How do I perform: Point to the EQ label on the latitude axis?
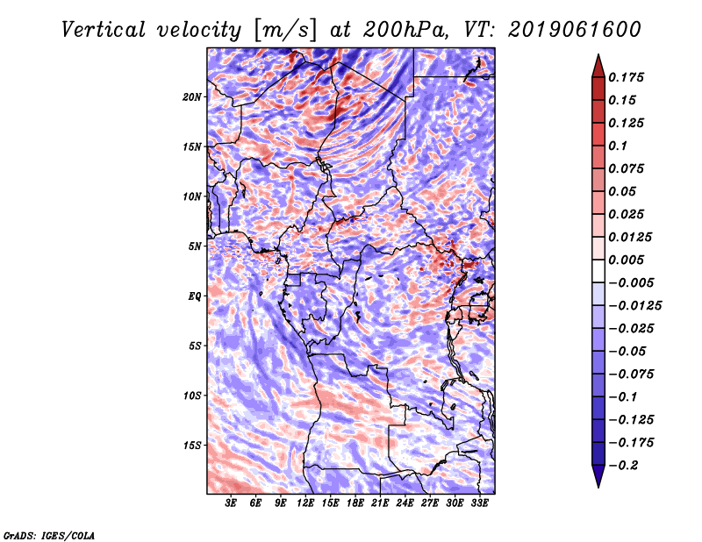coord(194,296)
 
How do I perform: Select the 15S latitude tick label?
coord(192,446)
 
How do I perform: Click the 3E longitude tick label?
coord(231,503)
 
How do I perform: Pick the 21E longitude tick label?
coord(380,503)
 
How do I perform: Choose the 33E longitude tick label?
coord(479,503)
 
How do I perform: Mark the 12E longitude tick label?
coord(305,503)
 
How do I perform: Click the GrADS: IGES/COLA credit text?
coord(48,534)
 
